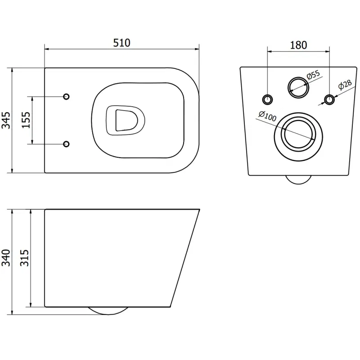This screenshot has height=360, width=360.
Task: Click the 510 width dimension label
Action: [121, 43]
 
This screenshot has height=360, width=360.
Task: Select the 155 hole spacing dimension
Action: [27, 120]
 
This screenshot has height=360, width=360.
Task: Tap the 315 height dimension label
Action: [25, 258]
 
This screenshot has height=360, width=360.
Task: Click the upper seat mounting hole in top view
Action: [66, 97]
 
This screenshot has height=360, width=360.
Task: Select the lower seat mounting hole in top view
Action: [66, 144]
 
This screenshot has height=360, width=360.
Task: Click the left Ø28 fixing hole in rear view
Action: [267, 99]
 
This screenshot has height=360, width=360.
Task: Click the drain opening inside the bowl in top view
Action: [126, 120]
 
